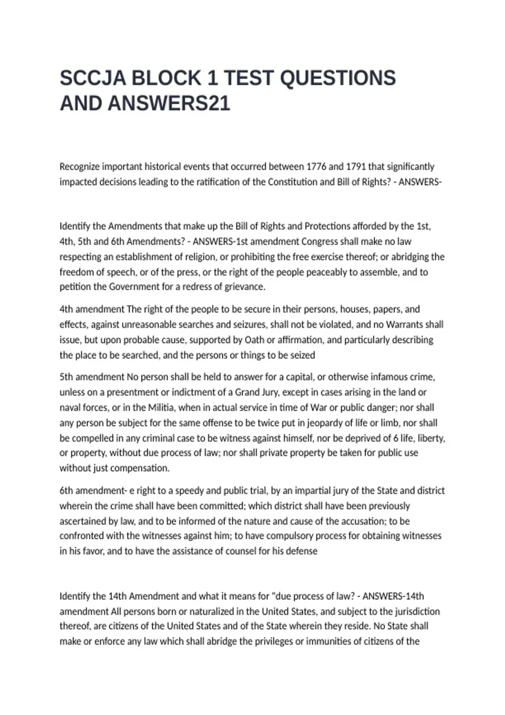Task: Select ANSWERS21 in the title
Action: click(x=169, y=103)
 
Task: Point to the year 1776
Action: click(x=316, y=167)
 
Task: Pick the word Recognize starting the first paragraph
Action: click(x=79, y=167)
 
